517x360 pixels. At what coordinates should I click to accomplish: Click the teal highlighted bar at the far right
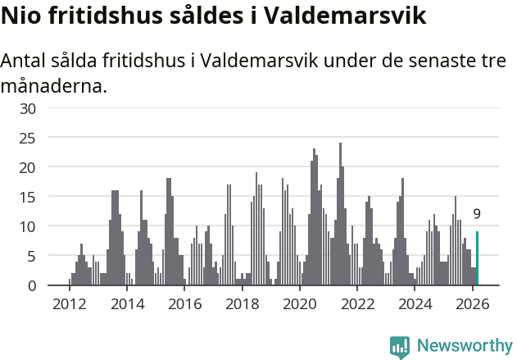tap(477, 258)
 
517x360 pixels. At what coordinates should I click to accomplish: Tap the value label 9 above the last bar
tap(477, 214)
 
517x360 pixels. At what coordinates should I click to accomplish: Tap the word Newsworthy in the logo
tap(465, 346)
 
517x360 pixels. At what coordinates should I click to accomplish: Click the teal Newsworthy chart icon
tap(400, 347)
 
